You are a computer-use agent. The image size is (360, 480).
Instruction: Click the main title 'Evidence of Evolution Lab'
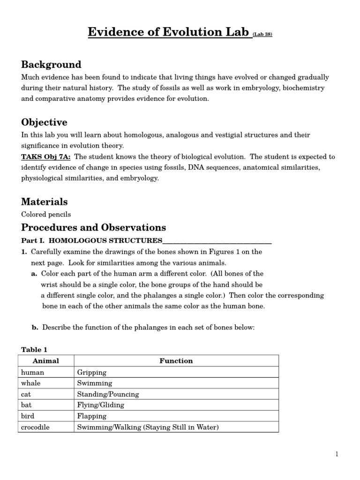coord(169,32)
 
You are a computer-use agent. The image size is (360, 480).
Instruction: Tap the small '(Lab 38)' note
coord(262,34)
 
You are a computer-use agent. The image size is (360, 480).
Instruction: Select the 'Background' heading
coord(51,65)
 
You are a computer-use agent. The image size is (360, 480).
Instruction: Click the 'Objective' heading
coord(44,122)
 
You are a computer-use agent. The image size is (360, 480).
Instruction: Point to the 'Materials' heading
coord(45,202)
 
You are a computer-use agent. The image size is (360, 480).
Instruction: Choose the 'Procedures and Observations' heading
coord(93,228)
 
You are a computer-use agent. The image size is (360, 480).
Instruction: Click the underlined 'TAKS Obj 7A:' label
coord(46,157)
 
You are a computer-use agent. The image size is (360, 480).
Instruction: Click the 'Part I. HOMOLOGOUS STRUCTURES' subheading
coord(92,240)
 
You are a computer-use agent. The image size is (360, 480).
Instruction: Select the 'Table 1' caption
coord(34,350)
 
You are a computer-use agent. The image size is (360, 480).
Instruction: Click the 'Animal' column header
coord(46,361)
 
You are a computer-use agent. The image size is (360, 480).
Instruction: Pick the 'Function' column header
coord(176,361)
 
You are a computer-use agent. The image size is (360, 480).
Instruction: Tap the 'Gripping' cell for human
coord(92,373)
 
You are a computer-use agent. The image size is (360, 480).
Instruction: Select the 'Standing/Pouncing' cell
coord(108,394)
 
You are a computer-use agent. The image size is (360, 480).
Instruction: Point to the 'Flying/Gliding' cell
coord(101,405)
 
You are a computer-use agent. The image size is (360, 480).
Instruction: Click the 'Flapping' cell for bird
coord(92,416)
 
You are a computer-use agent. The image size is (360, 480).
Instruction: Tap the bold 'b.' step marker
coord(35,328)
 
